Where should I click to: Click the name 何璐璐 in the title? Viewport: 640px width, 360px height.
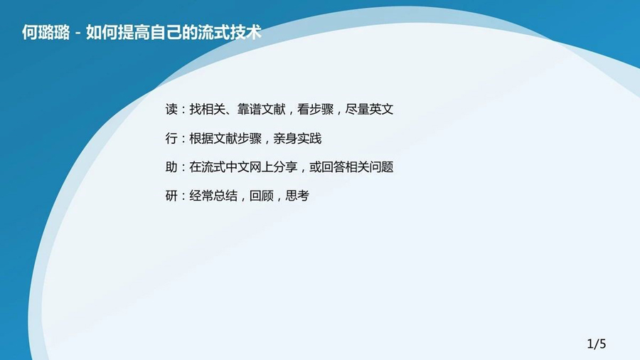46,32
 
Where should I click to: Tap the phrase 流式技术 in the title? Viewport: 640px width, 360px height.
230,32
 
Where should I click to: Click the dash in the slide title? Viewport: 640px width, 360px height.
78,33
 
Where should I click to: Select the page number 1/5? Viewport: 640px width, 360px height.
597,344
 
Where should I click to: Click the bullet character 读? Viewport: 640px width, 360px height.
171,109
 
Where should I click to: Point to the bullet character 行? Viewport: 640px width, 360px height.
171,138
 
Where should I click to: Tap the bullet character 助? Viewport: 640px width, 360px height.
171,167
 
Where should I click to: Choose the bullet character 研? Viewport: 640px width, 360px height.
171,196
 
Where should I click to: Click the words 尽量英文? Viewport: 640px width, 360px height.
369,109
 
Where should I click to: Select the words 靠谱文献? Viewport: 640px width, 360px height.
261,109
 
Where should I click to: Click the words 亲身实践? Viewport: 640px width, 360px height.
297,138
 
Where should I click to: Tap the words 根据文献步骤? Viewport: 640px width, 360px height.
225,138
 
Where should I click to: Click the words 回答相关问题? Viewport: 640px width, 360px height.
357,167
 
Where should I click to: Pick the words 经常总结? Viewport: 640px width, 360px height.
213,196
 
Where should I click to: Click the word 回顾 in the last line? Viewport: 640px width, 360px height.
261,196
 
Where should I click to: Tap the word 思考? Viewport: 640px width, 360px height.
297,196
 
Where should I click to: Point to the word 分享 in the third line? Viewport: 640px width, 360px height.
285,167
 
